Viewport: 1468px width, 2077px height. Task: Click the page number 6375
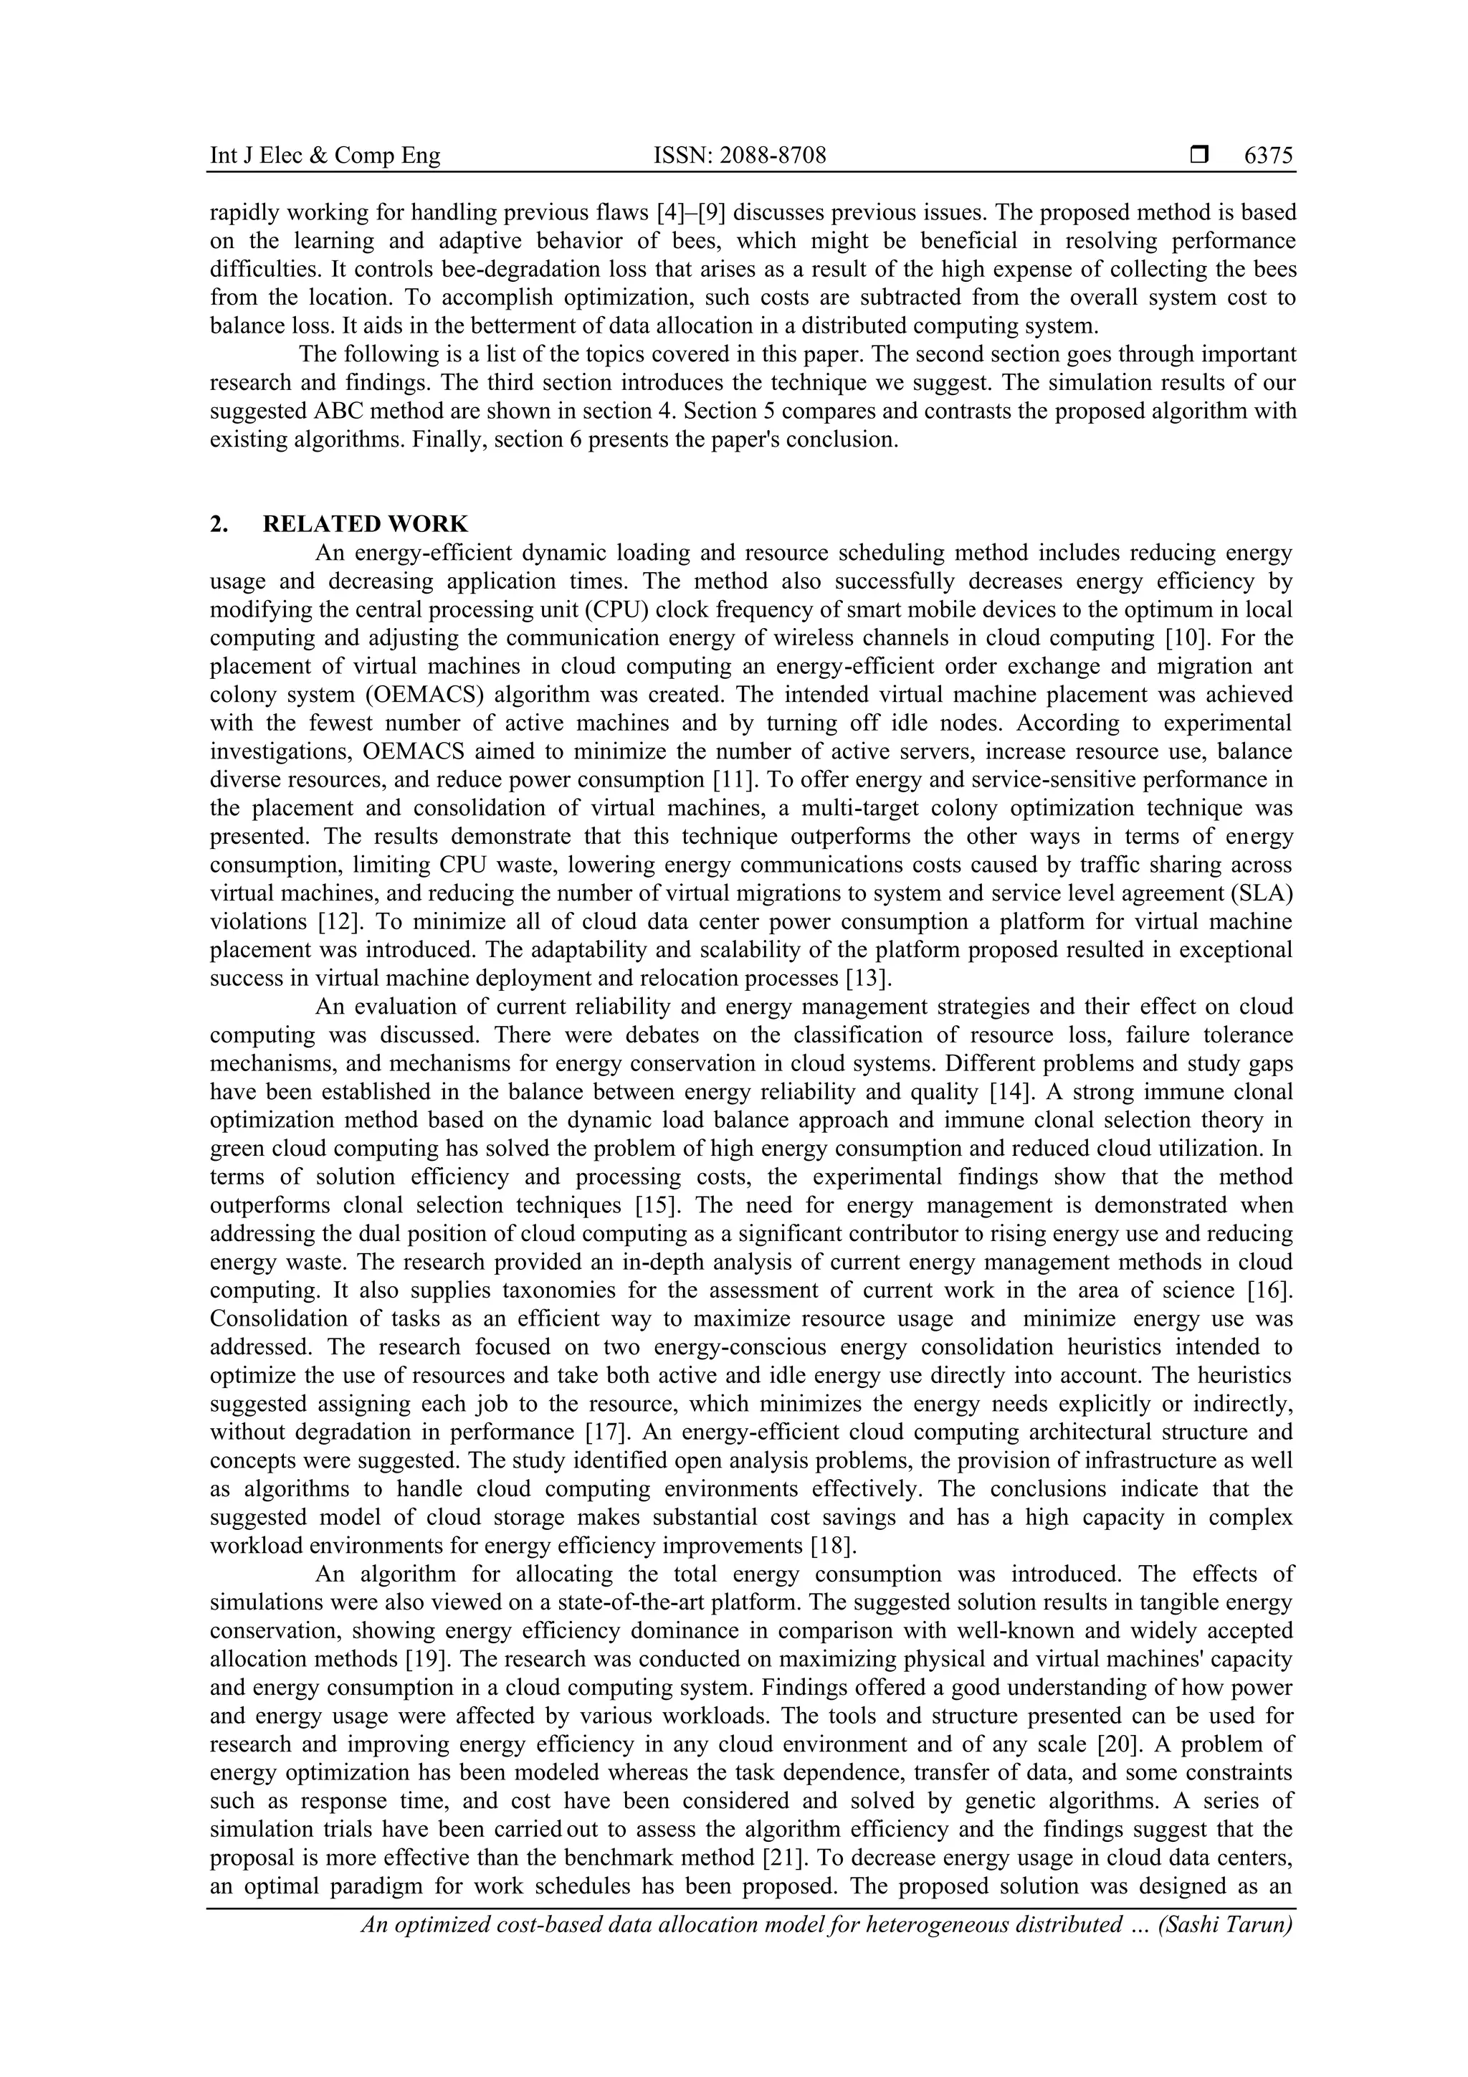point(1268,156)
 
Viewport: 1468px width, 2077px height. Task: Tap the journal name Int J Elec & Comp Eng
point(325,156)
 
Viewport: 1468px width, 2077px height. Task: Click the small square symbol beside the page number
point(1199,156)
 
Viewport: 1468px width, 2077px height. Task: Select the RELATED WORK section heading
point(366,524)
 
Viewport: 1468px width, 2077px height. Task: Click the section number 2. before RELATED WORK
point(218,524)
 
